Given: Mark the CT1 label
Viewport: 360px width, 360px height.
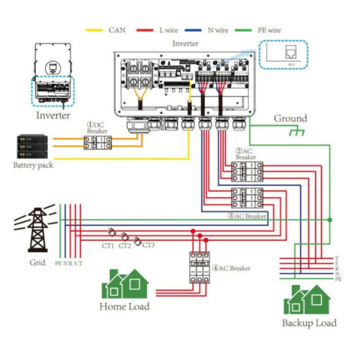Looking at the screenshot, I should pos(107,245).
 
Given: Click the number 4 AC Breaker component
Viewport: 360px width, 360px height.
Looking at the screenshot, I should pos(199,267).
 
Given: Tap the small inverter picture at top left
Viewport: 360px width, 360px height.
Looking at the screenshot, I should pos(53,76).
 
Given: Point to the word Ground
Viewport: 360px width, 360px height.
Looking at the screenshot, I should pos(289,118).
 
